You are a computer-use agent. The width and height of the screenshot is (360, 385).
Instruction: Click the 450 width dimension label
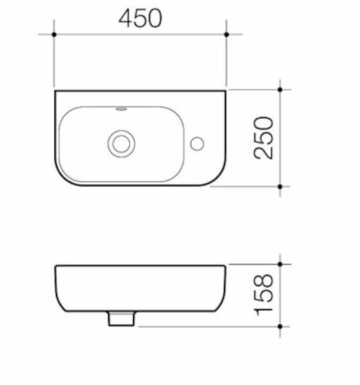[140, 19]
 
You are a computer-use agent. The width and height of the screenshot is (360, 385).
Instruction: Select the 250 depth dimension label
[264, 137]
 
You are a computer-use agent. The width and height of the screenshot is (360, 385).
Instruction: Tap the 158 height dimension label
[264, 295]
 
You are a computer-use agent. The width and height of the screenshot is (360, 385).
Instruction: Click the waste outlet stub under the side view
[120, 318]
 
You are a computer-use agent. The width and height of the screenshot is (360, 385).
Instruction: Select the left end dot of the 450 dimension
[55, 33]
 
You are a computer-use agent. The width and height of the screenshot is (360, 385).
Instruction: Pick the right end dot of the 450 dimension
[227, 33]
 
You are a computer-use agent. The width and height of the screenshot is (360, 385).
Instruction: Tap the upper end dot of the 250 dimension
[280, 90]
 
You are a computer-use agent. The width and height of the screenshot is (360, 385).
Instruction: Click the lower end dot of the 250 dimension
[280, 186]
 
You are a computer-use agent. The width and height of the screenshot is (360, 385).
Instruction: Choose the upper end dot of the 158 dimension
[280, 264]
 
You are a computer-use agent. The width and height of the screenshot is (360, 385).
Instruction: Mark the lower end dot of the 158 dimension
[280, 326]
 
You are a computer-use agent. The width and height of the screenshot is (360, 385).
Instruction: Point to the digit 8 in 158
[264, 280]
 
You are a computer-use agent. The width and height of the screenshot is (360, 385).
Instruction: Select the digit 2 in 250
[264, 151]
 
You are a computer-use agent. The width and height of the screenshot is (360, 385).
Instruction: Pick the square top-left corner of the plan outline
[55, 91]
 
